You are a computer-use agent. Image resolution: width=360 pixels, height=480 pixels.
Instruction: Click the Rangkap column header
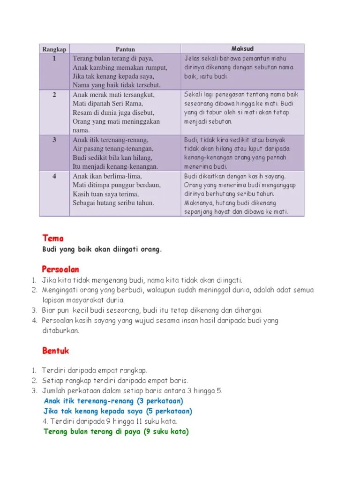tap(54, 49)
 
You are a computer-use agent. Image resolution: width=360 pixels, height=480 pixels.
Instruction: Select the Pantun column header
tap(125, 49)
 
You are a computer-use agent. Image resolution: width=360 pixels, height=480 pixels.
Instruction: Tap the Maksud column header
tap(242, 49)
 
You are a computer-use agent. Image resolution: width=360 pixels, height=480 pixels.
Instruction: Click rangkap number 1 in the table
tap(54, 59)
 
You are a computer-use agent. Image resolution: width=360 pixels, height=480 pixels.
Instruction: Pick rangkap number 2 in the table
tap(54, 95)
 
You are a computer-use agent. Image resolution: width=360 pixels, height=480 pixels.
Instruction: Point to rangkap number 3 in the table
tap(54, 140)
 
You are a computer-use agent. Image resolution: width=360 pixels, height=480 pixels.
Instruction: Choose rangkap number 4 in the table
tap(54, 176)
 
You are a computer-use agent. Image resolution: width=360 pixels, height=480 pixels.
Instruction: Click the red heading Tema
tap(53, 238)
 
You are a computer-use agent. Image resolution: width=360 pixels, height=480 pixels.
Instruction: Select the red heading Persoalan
tap(60, 269)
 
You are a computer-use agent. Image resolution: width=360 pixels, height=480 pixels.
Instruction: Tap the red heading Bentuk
tap(56, 350)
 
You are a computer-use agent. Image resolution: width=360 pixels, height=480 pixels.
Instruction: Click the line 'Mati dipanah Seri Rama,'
tap(108, 104)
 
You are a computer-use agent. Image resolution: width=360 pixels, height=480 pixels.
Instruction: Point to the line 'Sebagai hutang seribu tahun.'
tap(113, 203)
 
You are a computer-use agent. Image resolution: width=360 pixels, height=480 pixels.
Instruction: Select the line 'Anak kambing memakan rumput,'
tap(120, 67)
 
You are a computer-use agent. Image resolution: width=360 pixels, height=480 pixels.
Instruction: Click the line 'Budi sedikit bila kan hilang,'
tap(112, 158)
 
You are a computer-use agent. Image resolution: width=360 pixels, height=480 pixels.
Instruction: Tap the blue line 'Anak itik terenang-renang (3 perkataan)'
tap(113, 401)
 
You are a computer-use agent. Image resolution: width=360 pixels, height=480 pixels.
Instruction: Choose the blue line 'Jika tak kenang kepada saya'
tap(118, 411)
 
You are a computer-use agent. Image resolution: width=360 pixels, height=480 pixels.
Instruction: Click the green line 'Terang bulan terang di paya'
tap(116, 432)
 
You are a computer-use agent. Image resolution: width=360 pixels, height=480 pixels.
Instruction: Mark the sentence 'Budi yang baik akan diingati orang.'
tap(102, 249)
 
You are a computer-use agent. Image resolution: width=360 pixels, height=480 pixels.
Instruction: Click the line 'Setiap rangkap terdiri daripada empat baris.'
tap(115, 381)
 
